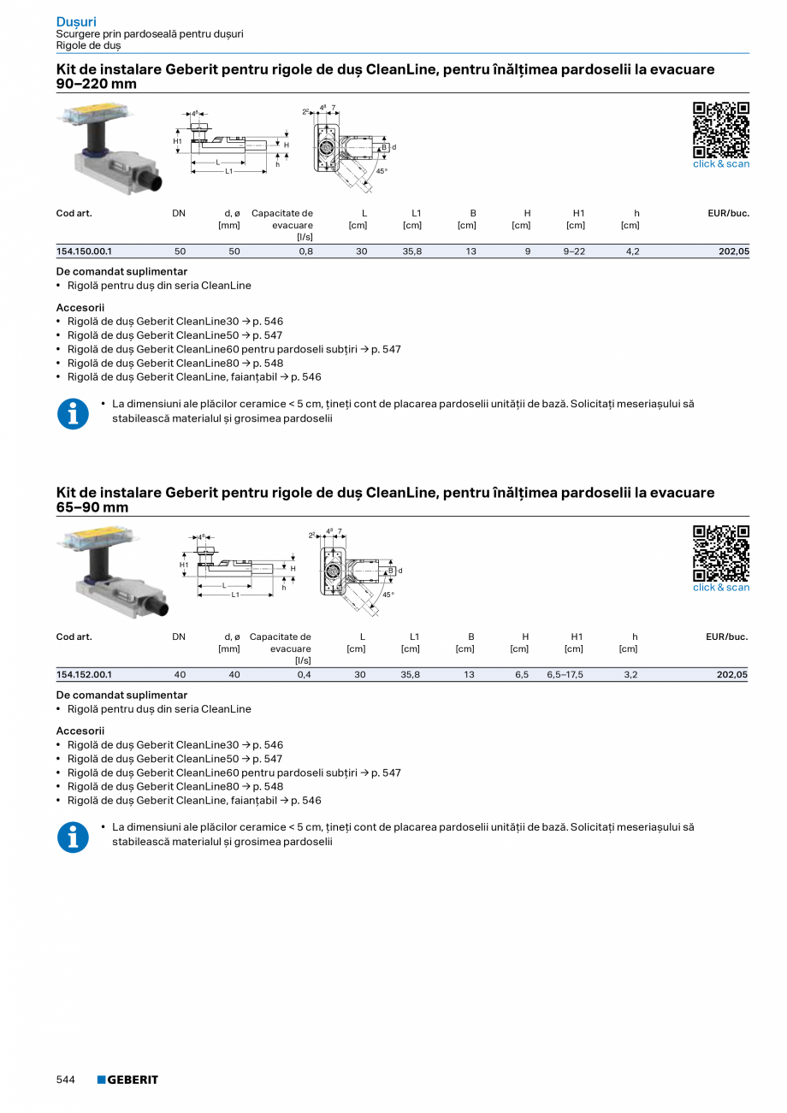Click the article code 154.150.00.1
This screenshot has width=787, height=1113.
tap(84, 252)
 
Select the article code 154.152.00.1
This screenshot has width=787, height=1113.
tap(84, 675)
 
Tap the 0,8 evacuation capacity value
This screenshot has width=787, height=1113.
tap(305, 252)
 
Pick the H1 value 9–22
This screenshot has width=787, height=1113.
tap(574, 252)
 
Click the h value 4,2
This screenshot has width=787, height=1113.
tap(632, 252)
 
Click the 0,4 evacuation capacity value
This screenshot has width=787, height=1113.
tap(304, 675)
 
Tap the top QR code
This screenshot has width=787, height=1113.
tap(720, 129)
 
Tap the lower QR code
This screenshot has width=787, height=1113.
tap(720, 553)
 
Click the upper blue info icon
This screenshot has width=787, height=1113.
tap(73, 414)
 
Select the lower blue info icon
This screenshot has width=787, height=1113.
tap(73, 838)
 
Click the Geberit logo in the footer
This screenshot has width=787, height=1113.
tap(127, 1080)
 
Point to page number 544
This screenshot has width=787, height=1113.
tap(66, 1080)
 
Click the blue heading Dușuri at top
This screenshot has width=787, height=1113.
tap(76, 21)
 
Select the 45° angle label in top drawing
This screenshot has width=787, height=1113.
tap(382, 171)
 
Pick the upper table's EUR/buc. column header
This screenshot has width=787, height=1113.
tap(728, 213)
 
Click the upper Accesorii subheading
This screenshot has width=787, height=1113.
tap(80, 307)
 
